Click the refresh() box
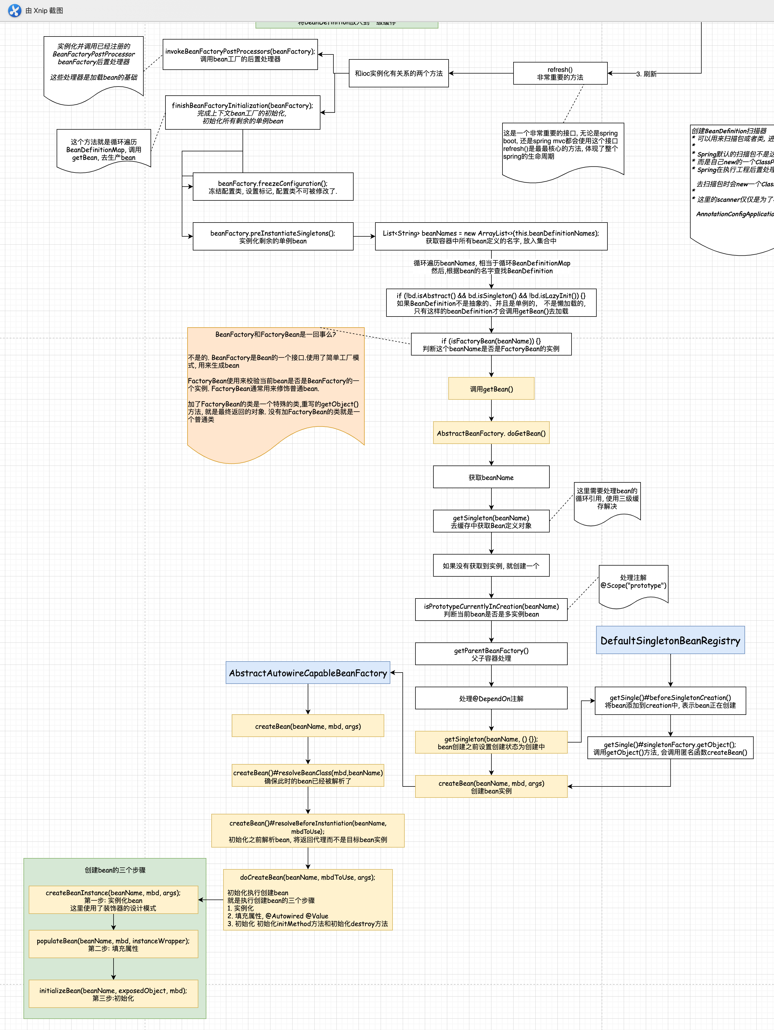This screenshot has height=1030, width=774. click(x=560, y=74)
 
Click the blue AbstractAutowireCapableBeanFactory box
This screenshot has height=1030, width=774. click(x=308, y=673)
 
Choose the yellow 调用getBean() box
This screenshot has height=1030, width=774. click(x=491, y=389)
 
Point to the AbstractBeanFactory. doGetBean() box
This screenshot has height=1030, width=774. click(x=491, y=433)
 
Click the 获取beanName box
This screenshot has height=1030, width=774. click(x=491, y=477)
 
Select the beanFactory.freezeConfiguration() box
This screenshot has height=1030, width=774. click(x=273, y=187)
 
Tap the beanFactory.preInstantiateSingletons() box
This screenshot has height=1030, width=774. click(x=273, y=237)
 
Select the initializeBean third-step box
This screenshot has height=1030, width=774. click(x=113, y=994)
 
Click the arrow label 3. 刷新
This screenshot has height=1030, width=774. click(x=646, y=74)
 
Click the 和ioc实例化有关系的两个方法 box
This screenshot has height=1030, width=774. click(x=398, y=73)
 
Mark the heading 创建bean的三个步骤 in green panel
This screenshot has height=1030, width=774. click(x=115, y=870)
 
